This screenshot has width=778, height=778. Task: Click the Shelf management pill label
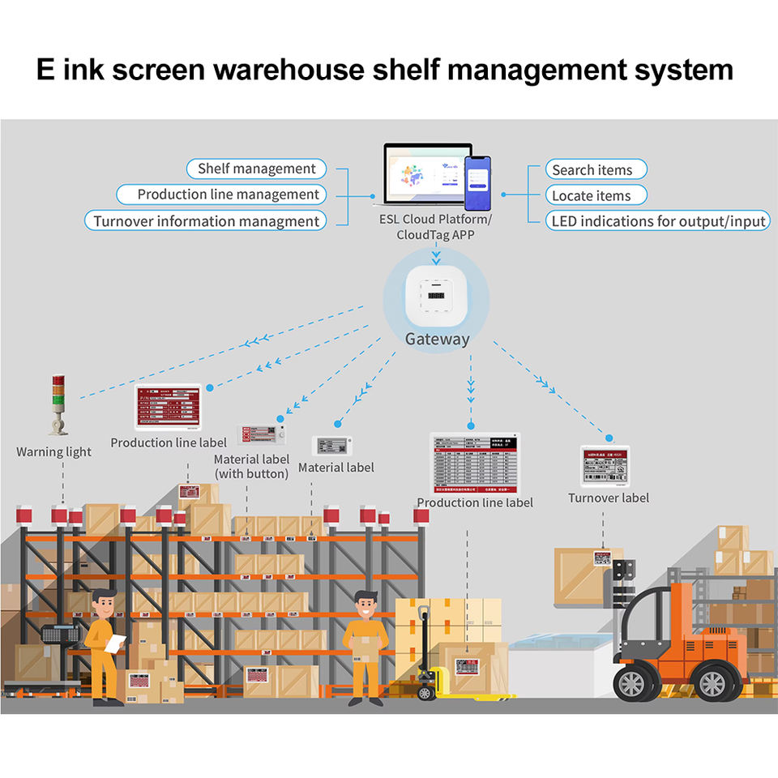(x=256, y=169)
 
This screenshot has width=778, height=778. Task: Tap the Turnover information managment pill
(x=206, y=221)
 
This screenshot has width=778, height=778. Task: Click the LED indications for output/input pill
(x=657, y=221)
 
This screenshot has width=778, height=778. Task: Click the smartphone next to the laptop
(x=477, y=183)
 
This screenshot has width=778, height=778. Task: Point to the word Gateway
(x=437, y=339)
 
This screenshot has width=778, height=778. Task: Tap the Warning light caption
(x=53, y=451)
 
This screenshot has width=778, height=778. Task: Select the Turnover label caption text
(x=608, y=498)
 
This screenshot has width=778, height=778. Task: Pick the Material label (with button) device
(x=261, y=435)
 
